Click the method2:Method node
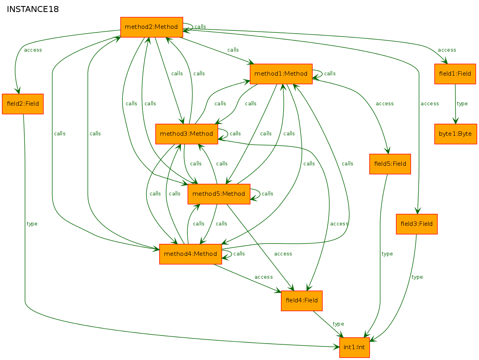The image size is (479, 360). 152,27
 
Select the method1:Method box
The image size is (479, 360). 281,74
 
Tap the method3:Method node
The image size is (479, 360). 186,134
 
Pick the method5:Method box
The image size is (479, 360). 219,194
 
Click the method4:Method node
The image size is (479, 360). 190,254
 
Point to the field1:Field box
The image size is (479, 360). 455,74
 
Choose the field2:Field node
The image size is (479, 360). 22,104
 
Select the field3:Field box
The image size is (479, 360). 417,224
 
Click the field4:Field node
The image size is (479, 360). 301,301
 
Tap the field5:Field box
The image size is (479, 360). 390,164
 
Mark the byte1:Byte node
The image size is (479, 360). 455,134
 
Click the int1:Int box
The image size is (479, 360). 355,348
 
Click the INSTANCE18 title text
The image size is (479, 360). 33,9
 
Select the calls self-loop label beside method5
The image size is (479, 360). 267,193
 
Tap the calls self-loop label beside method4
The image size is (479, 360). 239,253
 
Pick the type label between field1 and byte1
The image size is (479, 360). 462,104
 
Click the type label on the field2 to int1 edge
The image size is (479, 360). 32,224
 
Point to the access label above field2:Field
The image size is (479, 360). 33,50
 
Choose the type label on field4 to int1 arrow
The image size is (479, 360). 338,324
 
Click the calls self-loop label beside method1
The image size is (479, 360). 330,73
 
